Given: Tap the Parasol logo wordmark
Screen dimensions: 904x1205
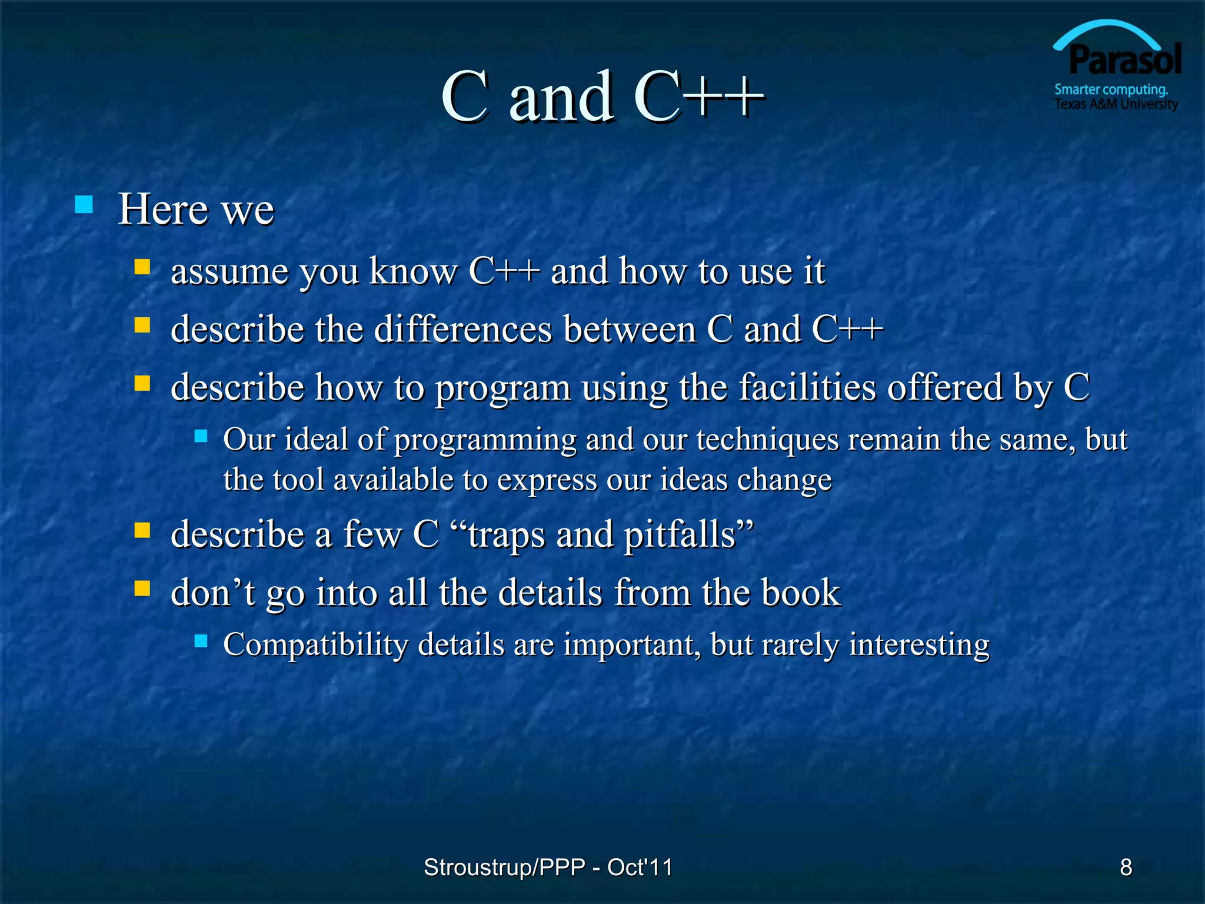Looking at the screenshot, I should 1124,61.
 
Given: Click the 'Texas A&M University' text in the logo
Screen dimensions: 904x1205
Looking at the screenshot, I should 1116,105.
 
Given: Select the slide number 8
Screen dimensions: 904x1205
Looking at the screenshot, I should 1126,867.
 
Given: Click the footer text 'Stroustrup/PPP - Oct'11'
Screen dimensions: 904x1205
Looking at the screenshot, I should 548,867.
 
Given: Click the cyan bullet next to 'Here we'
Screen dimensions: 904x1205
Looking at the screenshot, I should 84,205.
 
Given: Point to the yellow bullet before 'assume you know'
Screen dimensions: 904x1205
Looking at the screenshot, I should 142,268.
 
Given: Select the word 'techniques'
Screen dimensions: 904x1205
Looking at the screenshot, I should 767,439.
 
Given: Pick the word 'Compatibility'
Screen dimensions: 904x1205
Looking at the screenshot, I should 315,644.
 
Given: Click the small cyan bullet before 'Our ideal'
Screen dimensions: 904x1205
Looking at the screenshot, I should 201,436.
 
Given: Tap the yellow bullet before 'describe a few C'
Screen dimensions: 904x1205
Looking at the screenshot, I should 142,531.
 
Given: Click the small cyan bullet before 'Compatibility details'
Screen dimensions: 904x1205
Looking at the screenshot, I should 201,641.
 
